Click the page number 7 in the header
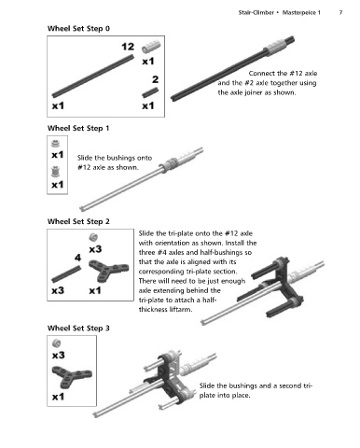(340, 12)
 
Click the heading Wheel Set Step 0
(78, 29)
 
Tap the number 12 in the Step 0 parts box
(128, 47)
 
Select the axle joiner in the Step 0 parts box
(151, 47)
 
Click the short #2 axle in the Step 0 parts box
(150, 92)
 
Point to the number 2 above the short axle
(156, 79)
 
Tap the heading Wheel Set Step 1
(78, 128)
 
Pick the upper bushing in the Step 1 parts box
(55, 144)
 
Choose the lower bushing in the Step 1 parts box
(55, 172)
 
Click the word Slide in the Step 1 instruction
(85, 158)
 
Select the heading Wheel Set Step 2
(78, 221)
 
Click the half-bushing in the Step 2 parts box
(93, 237)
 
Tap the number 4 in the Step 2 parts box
(77, 258)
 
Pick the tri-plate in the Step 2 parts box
(108, 270)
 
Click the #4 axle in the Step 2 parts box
(66, 273)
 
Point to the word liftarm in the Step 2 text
(181, 310)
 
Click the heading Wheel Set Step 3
(78, 329)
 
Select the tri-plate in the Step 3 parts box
(72, 377)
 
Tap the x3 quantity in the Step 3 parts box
(59, 356)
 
